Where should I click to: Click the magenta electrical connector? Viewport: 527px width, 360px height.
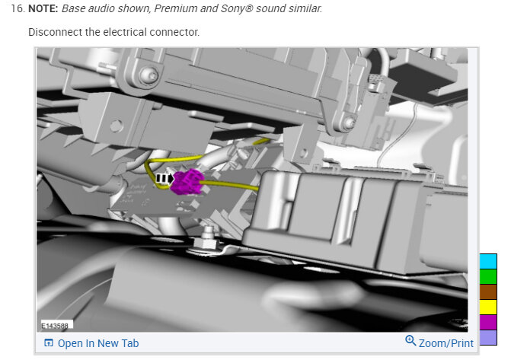point(187,182)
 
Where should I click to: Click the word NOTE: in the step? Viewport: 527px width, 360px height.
point(43,8)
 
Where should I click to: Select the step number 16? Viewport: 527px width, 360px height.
point(18,8)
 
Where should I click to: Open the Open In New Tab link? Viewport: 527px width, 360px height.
point(98,343)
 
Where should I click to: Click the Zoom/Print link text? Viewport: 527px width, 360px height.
point(446,343)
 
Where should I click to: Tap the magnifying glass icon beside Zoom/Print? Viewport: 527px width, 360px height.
point(410,340)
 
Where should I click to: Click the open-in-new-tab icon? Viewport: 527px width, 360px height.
point(49,342)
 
